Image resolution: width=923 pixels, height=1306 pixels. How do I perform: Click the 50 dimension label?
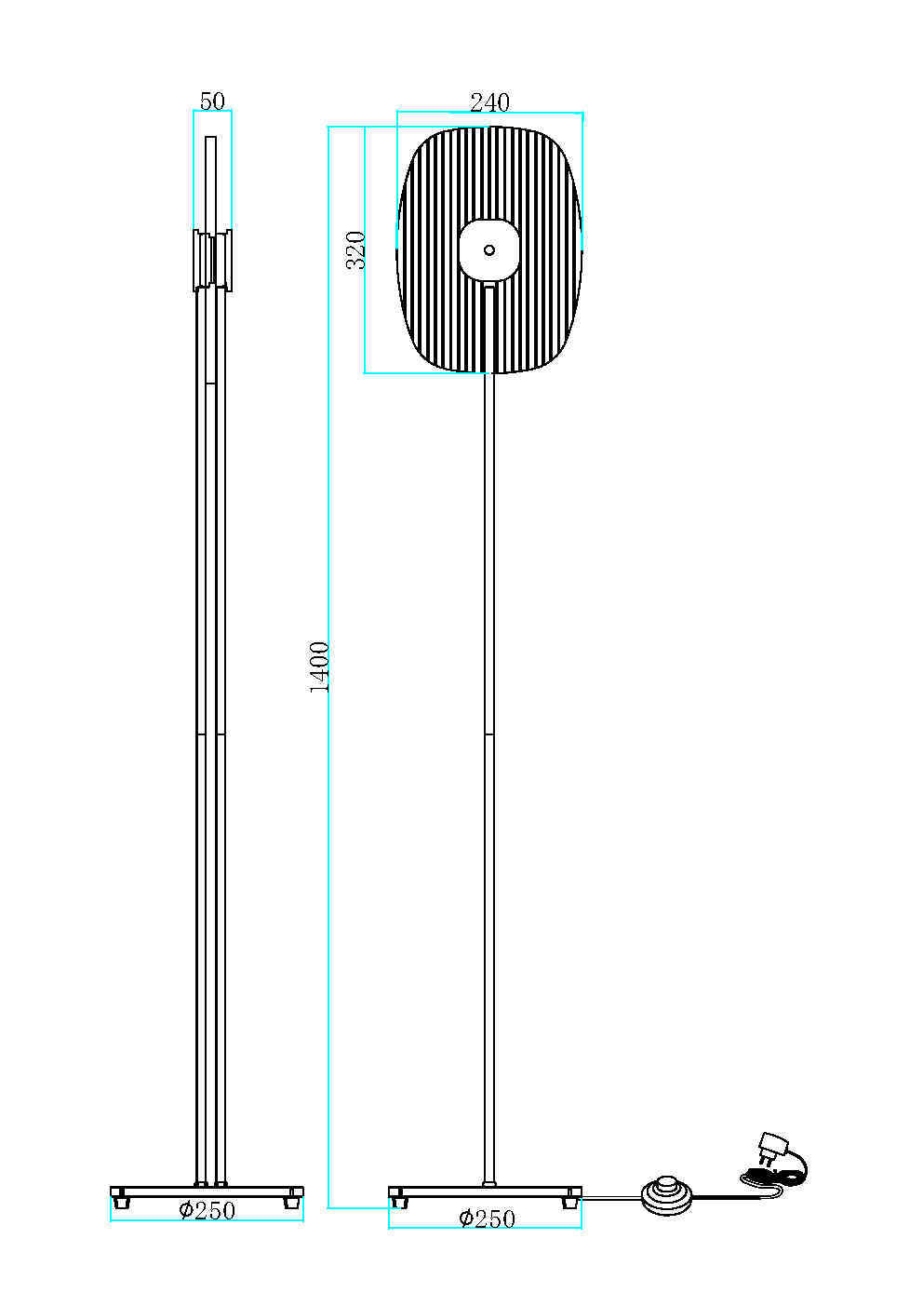tap(212, 101)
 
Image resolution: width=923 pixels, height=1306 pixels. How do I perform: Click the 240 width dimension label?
tap(489, 102)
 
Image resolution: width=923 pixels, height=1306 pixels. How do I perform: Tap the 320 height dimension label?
tap(355, 249)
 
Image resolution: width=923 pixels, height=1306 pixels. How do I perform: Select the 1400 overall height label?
tap(319, 666)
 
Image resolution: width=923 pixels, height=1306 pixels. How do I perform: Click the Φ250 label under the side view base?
tap(207, 1210)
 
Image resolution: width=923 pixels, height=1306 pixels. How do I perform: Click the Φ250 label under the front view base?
tap(487, 1218)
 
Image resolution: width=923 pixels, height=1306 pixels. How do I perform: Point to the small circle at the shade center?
tap(489, 249)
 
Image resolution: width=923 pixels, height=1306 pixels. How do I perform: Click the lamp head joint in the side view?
tap(212, 260)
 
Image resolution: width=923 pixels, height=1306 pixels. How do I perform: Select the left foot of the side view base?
tap(120, 1202)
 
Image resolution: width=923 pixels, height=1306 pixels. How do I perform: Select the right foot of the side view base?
tap(292, 1202)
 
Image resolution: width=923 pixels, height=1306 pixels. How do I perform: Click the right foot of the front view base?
tap(569, 1202)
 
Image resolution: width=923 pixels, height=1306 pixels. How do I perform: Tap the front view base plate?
tap(485, 1192)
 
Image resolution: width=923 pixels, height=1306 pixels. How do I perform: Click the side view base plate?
tap(207, 1192)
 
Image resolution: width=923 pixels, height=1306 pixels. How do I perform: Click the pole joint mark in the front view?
tap(489, 735)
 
